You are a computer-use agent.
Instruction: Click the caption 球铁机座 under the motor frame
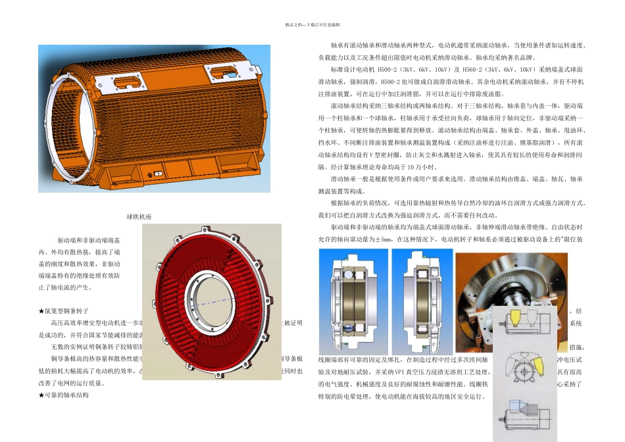point(139,216)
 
